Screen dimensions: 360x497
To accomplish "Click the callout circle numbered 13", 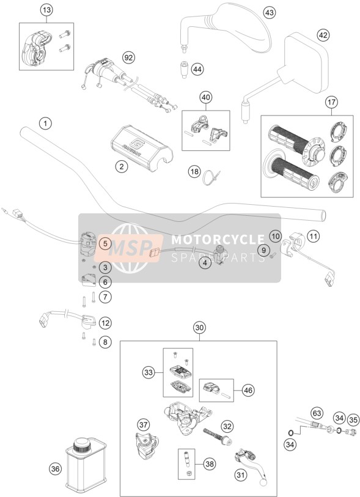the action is [x=46, y=10].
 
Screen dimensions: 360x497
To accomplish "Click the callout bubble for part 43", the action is [x=269, y=13].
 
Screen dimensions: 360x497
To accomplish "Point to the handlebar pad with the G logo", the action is [x=142, y=149].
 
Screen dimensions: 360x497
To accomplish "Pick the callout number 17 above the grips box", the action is [x=331, y=102].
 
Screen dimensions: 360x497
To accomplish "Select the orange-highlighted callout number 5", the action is [x=105, y=244].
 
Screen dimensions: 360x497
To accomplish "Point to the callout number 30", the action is [x=199, y=328].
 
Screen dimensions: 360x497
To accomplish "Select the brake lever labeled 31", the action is [x=252, y=463].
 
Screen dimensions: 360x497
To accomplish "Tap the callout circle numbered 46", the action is [x=248, y=390].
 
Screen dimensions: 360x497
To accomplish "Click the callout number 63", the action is [x=317, y=413].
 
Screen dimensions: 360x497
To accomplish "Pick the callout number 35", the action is [x=353, y=421].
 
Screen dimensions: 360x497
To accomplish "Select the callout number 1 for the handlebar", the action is [x=45, y=123].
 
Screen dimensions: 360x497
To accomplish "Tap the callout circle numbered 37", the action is [x=144, y=424].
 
